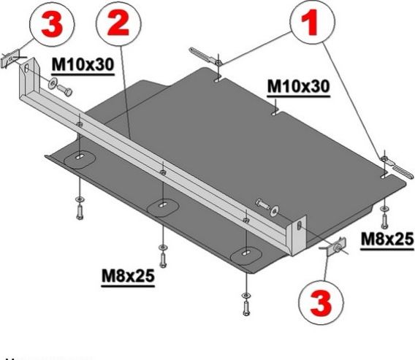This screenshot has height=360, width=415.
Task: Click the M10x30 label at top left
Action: (83, 65)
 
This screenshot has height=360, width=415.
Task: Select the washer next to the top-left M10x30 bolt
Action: (52, 85)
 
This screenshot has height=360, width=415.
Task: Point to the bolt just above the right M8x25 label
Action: (383, 215)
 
